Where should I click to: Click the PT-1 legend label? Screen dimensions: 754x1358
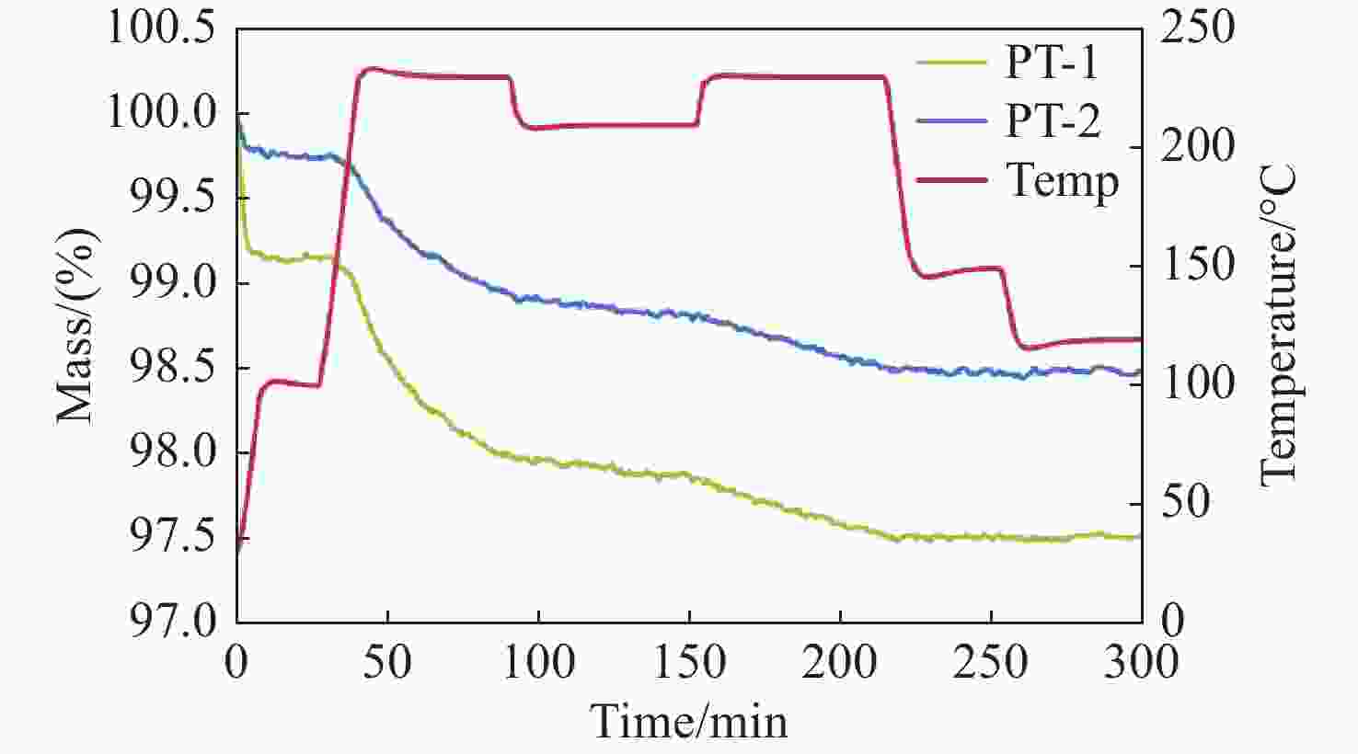[x=1052, y=63]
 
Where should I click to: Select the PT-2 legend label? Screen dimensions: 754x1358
[x=1052, y=121]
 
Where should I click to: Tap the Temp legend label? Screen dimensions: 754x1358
[x=1063, y=180]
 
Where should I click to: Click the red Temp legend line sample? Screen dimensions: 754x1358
[x=952, y=180]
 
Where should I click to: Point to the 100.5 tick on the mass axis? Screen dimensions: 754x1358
[x=162, y=29]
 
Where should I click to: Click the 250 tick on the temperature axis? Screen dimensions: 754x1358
[x=1197, y=29]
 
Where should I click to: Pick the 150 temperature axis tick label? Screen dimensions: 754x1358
[x=1197, y=266]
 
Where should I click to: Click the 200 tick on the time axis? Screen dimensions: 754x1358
[x=839, y=662]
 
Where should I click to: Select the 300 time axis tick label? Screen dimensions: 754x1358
[x=1141, y=662]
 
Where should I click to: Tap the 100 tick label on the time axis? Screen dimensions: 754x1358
[x=538, y=662]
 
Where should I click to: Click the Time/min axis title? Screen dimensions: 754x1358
[x=688, y=721]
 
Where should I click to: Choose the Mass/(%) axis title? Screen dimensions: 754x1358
[x=75, y=325]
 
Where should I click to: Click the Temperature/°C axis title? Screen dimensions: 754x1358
[x=1278, y=325]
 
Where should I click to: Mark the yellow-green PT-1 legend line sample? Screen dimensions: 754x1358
[x=952, y=63]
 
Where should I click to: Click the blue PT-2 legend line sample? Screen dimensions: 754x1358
[x=952, y=121]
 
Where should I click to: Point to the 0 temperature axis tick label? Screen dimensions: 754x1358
[x=1172, y=622]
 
